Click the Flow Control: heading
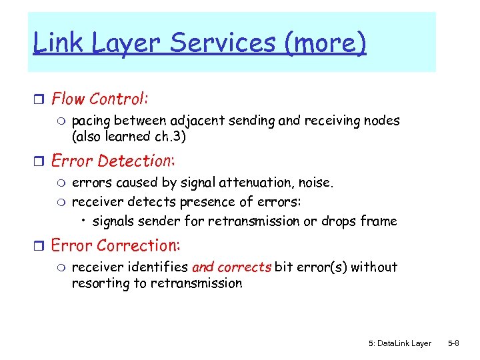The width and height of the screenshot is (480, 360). [x=100, y=99]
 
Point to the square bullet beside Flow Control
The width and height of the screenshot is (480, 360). [x=39, y=100]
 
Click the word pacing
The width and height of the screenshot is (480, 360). [x=92, y=121]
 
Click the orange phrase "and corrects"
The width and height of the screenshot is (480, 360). [x=231, y=267]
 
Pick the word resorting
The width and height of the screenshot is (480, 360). [x=97, y=283]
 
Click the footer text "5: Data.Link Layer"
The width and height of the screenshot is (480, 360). [x=399, y=343]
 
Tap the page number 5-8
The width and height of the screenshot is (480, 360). [x=453, y=343]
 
